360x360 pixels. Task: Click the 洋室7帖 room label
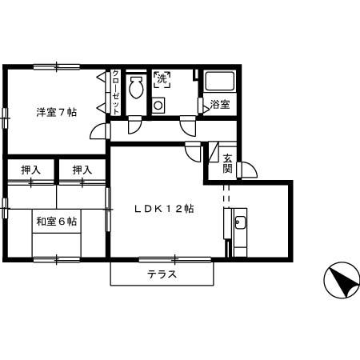55,111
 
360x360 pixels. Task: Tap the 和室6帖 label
55,221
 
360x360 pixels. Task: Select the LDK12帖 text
164,209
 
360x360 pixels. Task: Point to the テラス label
162,274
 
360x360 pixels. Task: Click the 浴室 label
220,105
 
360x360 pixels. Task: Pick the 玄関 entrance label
228,163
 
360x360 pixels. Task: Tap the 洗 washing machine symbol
162,79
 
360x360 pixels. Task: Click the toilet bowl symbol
135,86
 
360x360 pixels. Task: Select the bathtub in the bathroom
219,82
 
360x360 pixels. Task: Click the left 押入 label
30,170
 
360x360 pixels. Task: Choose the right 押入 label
82,170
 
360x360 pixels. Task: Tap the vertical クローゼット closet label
115,92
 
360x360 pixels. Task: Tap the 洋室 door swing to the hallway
98,133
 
